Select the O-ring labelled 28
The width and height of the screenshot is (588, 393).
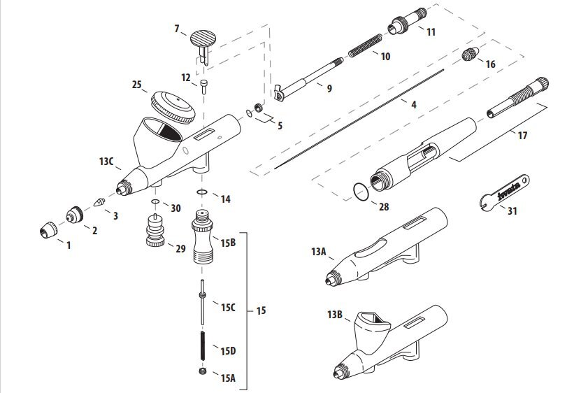[359, 191]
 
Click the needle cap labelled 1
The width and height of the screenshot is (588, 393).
[48, 229]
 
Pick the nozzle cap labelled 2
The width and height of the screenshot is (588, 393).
[74, 214]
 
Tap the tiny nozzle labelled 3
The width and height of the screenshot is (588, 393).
[99, 201]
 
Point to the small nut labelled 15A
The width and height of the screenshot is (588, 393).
[203, 371]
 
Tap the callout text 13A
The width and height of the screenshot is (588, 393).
[319, 251]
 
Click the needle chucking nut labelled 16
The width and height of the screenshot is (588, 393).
[471, 55]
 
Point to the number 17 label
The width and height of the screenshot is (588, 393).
[522, 136]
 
